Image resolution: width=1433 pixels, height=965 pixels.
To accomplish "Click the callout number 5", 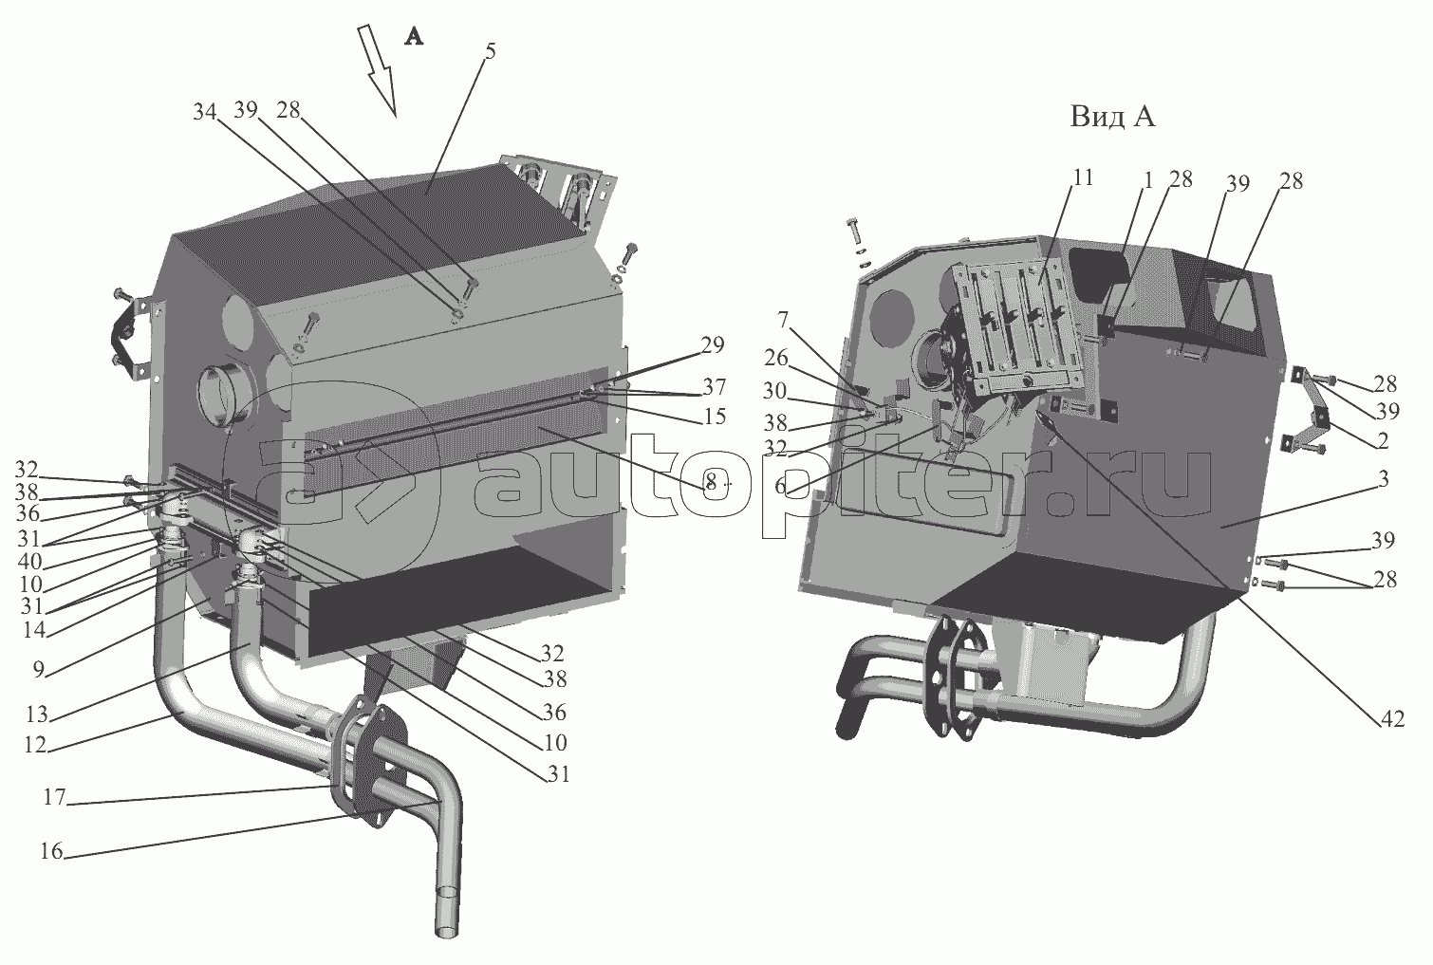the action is [490, 52].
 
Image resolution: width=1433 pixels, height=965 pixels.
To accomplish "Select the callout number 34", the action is [205, 113].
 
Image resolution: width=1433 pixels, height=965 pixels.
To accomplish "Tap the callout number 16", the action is [52, 851].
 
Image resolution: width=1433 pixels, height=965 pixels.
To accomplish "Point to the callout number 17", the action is [55, 798].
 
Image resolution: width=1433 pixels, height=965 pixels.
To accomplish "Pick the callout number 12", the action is [36, 745].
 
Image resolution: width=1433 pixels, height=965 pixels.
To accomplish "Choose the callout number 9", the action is [39, 670].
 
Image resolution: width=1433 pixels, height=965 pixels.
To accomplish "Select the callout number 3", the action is [1383, 479].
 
